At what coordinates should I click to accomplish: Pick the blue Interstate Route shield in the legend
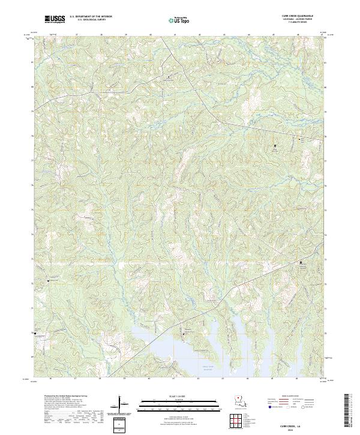pyautogui.click(x=269, y=407)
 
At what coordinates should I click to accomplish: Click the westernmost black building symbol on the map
pyautogui.click(x=35, y=334)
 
